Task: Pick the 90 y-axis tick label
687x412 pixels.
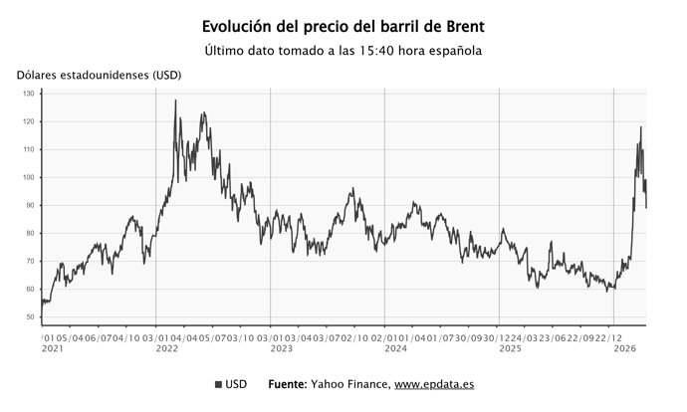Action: click(x=30, y=205)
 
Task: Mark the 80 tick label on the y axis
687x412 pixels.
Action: click(x=30, y=233)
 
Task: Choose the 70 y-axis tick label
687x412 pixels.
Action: click(x=30, y=261)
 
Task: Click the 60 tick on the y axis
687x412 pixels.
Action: click(x=30, y=289)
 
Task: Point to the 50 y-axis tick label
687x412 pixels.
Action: click(x=30, y=316)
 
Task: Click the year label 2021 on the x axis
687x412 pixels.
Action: click(x=53, y=349)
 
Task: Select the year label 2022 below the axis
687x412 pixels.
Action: click(x=166, y=349)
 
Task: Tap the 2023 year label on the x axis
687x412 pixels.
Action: click(x=282, y=349)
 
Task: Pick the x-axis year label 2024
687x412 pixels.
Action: click(x=396, y=349)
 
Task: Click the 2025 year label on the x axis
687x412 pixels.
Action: click(x=511, y=349)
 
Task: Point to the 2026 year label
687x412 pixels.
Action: click(x=625, y=349)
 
